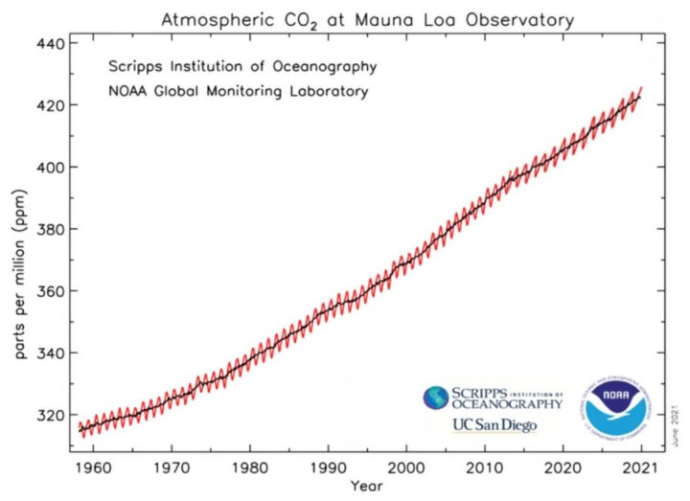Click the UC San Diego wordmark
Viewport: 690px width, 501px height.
coord(494,424)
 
